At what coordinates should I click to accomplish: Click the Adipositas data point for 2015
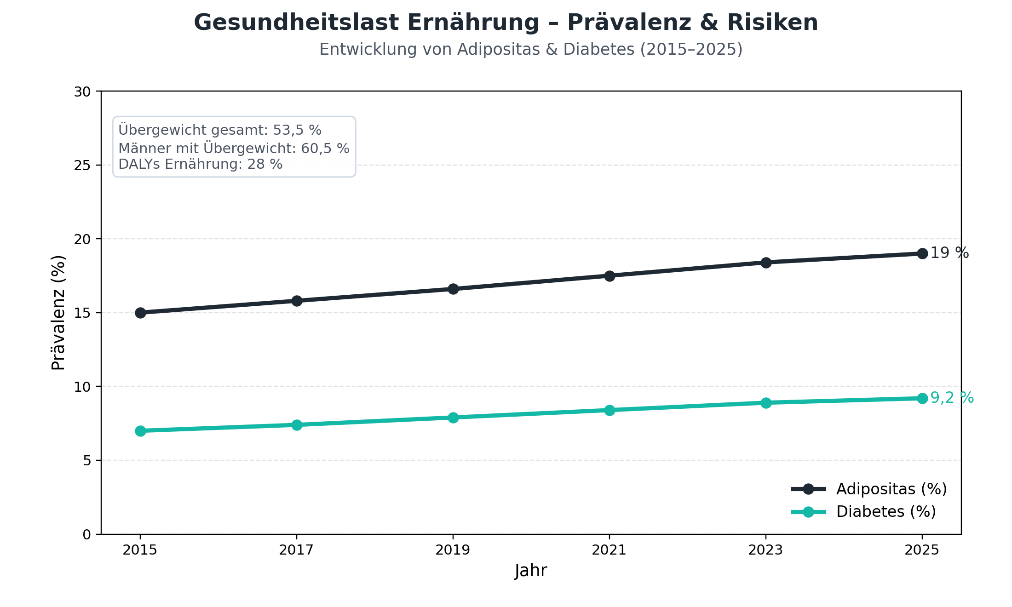point(140,313)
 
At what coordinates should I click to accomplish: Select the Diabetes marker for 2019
point(453,418)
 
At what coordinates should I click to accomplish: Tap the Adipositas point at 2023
point(766,263)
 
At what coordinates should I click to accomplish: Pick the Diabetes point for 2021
point(609,410)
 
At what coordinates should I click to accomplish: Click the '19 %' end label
point(949,253)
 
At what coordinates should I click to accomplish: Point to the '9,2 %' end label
point(952,398)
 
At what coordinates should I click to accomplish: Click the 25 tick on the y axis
point(82,166)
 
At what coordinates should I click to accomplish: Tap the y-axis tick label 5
point(87,461)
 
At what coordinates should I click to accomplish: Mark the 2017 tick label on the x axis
point(296,550)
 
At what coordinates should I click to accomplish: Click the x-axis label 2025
point(922,550)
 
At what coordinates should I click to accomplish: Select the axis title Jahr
point(531,571)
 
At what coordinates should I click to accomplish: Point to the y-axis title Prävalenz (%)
point(58,313)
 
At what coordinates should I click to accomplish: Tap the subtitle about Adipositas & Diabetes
point(531,50)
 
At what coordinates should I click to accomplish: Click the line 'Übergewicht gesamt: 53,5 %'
point(220,130)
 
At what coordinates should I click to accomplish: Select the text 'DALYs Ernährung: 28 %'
point(200,164)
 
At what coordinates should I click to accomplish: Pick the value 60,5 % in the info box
point(325,149)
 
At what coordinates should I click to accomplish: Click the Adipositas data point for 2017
point(297,301)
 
